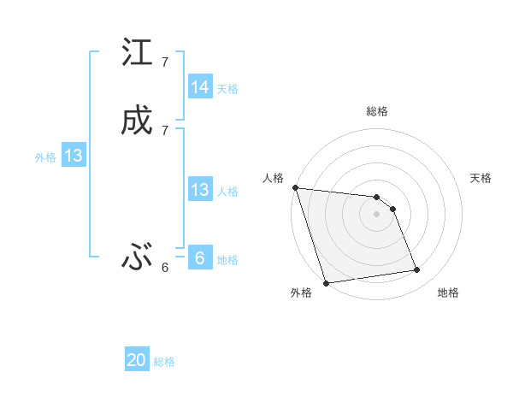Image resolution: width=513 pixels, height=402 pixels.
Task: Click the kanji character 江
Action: coord(137,53)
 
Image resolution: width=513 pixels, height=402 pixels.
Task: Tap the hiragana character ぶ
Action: coord(137,257)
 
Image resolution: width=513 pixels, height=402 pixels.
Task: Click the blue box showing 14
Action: coord(200,87)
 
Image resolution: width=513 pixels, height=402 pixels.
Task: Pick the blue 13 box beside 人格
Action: coord(200,190)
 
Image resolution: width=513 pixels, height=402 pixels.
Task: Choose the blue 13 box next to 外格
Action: coord(73,156)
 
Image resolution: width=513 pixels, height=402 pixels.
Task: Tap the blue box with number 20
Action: coord(137,360)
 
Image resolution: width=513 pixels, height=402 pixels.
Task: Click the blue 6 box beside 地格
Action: coord(199,258)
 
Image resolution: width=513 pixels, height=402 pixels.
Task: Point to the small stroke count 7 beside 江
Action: coord(164,62)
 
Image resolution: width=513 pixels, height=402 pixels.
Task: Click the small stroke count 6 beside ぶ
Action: coord(164,267)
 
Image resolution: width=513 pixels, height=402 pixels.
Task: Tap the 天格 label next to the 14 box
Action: coord(227,88)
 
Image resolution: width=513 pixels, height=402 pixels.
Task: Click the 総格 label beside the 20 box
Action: coord(164,362)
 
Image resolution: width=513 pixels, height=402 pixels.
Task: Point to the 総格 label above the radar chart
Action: coord(377,111)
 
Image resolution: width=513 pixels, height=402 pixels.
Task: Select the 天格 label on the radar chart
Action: coord(481,178)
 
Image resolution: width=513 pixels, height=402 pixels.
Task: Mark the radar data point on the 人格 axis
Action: coord(295,188)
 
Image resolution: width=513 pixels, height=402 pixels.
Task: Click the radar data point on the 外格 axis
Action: coord(326,282)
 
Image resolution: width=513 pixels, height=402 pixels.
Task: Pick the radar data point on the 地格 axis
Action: coord(417,270)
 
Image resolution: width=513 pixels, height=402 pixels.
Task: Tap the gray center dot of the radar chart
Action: coord(376,214)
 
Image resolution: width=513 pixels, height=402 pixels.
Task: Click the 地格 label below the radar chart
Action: coord(448,293)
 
